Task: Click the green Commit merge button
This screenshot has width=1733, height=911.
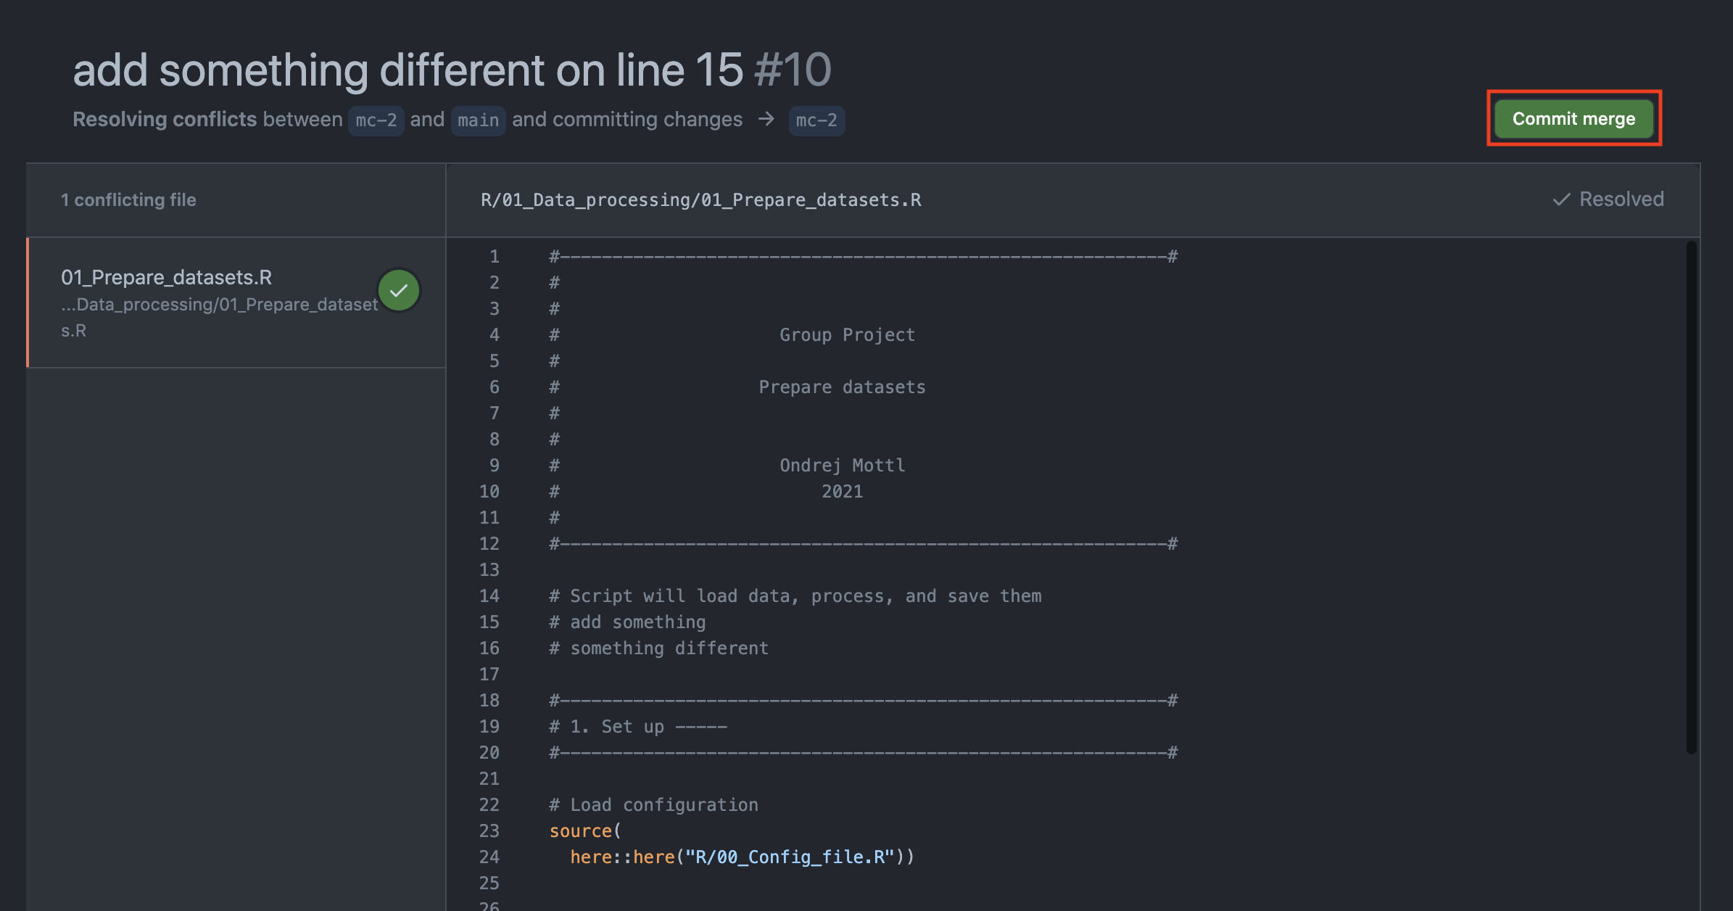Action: [1573, 119]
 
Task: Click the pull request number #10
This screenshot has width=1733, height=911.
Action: [793, 70]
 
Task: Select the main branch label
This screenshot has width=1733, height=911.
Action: [478, 120]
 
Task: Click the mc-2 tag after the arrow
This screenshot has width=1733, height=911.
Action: [816, 120]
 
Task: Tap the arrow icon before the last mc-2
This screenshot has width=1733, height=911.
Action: [766, 119]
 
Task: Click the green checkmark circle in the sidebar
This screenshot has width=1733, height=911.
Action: [399, 291]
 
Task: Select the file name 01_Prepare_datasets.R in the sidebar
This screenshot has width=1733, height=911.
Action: [166, 277]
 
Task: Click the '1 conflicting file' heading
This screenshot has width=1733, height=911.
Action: [128, 200]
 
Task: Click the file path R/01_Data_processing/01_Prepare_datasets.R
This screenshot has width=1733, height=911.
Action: [700, 200]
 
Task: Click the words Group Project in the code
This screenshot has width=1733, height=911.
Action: [847, 335]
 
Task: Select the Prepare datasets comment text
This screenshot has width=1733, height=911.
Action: [842, 387]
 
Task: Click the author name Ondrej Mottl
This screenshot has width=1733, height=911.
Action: [842, 466]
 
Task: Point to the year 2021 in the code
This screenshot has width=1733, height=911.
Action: [842, 492]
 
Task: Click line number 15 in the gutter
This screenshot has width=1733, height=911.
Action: [489, 622]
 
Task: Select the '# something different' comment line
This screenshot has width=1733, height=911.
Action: [658, 648]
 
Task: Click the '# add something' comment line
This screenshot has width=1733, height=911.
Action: [627, 622]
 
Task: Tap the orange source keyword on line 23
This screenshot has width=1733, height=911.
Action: [581, 831]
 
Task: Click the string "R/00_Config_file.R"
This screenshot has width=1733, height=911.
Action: [790, 857]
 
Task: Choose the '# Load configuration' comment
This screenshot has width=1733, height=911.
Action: [653, 805]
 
